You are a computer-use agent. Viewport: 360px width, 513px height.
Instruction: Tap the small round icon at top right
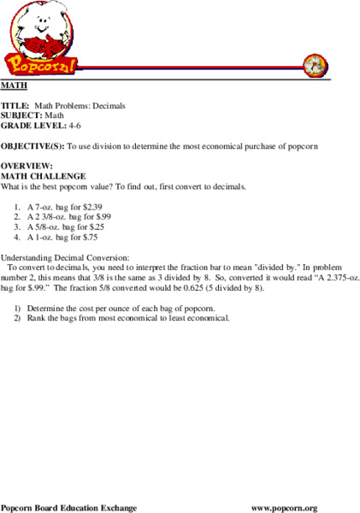click(x=316, y=64)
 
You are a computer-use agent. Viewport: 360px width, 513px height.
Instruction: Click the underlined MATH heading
click(x=13, y=87)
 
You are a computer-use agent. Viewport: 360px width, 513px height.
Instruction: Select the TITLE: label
click(x=15, y=106)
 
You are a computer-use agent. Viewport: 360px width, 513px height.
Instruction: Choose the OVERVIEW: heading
click(x=26, y=165)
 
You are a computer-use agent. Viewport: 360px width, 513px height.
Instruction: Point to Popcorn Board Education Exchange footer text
click(x=68, y=508)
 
